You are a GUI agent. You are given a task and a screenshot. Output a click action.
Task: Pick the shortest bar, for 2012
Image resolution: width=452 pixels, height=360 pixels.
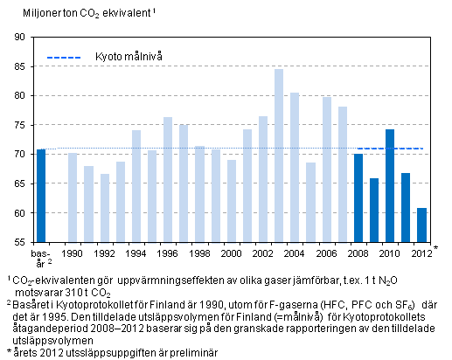pos(421,225)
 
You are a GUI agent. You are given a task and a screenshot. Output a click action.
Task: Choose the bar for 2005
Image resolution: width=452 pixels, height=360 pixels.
pos(310,202)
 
